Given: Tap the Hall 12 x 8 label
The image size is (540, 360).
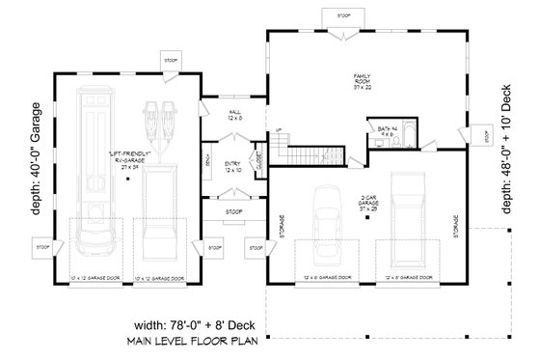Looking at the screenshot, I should coord(233,116).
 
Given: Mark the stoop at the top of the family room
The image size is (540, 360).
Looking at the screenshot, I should coord(343,16).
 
